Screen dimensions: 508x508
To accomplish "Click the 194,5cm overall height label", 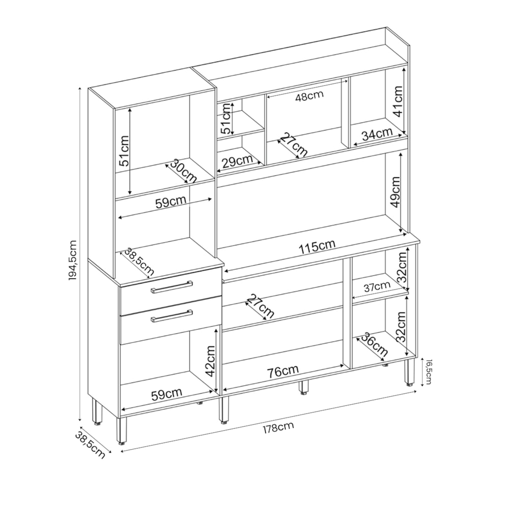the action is point(73,260).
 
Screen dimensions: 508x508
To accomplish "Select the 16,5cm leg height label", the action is point(428,372).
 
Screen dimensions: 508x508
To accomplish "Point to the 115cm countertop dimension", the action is point(317,247).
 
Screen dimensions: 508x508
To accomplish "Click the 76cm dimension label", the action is point(283,372).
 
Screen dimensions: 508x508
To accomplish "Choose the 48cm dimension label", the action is point(309,96).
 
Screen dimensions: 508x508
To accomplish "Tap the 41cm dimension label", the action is point(397,101).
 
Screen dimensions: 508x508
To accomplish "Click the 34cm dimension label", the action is point(377,134).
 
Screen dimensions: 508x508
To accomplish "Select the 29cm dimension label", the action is point(238,161).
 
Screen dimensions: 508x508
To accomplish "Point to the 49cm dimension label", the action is point(395,192).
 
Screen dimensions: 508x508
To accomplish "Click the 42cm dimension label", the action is point(211,361).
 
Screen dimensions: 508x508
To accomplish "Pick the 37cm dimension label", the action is point(377,287).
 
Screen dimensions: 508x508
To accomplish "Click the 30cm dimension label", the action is point(183,171).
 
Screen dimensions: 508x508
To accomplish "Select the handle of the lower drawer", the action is point(171,316).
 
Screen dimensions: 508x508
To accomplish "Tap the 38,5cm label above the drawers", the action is point(139,262).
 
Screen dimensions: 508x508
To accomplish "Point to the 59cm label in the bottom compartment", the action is point(167,394).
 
